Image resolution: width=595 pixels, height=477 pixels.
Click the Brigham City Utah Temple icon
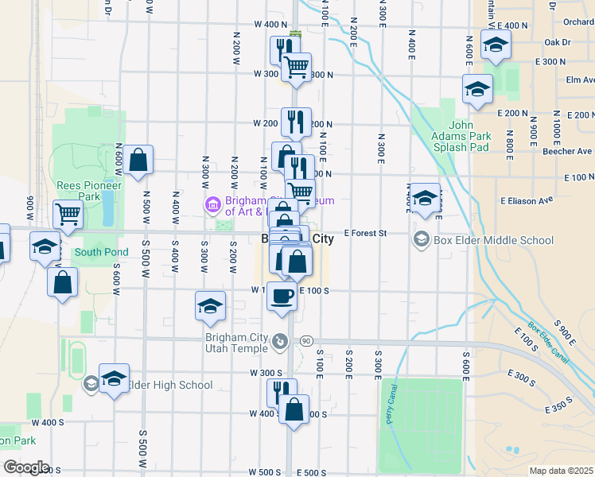click(x=280, y=343)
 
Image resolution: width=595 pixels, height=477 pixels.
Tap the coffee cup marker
click(x=281, y=297)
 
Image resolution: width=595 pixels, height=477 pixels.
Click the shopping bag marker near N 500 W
click(x=138, y=159)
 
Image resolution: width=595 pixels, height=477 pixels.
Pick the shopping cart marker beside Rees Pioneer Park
click(x=68, y=213)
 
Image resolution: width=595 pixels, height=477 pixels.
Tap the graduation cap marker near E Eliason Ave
click(x=426, y=198)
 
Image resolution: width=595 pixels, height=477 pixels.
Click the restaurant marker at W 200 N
click(x=296, y=121)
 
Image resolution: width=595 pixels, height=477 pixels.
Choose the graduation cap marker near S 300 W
click(x=210, y=306)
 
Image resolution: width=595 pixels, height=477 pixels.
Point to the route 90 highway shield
click(x=305, y=340)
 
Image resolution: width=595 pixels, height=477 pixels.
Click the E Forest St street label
click(x=365, y=234)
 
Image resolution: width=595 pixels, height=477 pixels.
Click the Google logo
click(x=25, y=467)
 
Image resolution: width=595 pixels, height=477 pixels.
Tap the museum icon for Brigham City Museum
click(x=212, y=205)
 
